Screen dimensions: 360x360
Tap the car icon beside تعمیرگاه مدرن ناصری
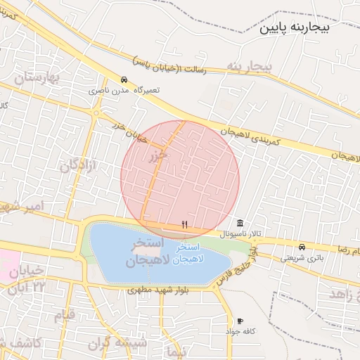pos(124,79)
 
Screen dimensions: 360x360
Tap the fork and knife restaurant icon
pos(184,224)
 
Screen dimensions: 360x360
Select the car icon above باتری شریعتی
pos(302,247)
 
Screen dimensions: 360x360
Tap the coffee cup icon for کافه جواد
pos(240,321)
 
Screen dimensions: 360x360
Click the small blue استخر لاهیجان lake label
pos(189,253)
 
